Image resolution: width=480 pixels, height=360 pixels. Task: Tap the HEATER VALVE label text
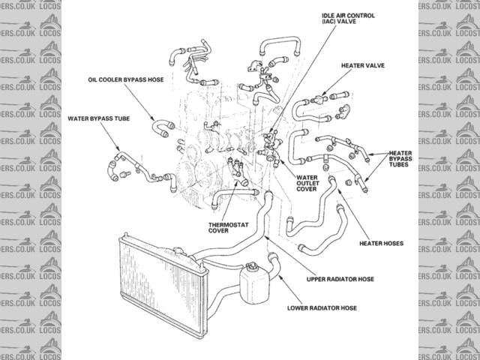(364, 66)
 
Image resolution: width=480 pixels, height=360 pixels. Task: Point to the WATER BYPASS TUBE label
(94, 118)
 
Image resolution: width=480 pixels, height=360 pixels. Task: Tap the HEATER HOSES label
(381, 243)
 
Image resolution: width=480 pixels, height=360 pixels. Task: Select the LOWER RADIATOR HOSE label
(322, 307)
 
